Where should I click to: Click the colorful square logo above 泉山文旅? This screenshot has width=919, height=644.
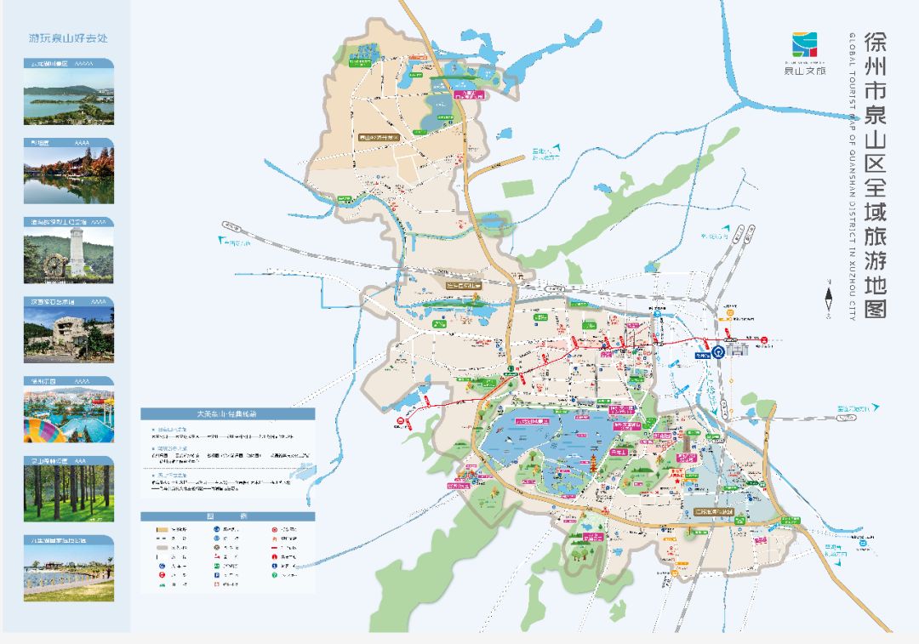pos(804,44)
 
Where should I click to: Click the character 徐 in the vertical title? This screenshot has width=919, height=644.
pos(876,43)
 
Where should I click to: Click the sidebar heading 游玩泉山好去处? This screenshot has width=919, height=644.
pos(68,38)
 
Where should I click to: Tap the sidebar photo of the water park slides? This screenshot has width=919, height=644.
pos(68,414)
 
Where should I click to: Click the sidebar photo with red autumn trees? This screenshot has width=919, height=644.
pos(68,176)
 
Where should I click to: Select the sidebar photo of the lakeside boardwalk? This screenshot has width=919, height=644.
pos(68,573)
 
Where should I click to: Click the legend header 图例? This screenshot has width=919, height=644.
pos(227,516)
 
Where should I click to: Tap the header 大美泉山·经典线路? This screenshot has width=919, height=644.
pos(227,413)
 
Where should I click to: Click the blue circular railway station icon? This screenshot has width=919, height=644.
pos(718,350)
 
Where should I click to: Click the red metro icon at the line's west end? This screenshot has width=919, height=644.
pos(399,419)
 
